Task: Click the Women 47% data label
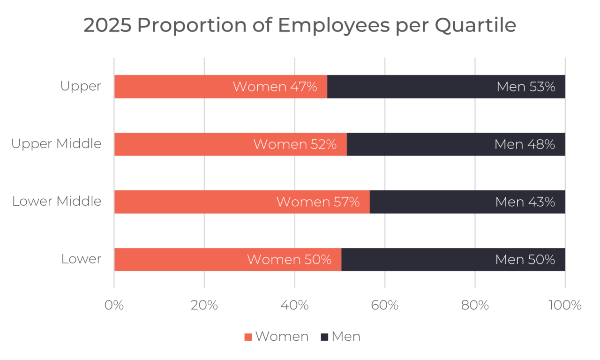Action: tap(275, 87)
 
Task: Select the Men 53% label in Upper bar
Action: tap(525, 87)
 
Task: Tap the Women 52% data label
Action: tap(295, 144)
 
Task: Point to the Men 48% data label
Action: tap(525, 144)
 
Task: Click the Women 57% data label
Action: tap(318, 202)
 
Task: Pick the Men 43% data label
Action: tap(525, 202)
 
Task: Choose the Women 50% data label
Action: tap(289, 260)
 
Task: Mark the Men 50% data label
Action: tap(525, 260)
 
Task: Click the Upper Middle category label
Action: tap(56, 144)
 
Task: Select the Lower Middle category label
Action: tap(57, 202)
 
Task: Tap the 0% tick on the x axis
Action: tap(114, 306)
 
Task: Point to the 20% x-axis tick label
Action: tap(204, 306)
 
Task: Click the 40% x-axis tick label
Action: tap(294, 306)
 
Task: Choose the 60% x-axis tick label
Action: tap(385, 306)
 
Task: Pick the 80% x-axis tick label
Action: tap(475, 306)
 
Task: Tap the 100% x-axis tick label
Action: tap(565, 306)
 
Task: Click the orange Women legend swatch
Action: tap(248, 337)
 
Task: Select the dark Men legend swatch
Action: tap(325, 337)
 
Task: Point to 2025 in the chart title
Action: tap(107, 26)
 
